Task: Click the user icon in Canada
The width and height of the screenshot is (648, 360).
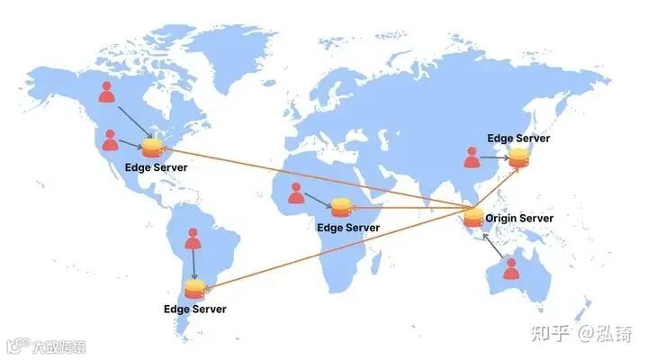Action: click(x=107, y=92)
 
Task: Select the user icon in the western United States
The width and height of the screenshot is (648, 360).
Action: click(x=110, y=140)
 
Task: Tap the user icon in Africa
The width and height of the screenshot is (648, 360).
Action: click(x=295, y=193)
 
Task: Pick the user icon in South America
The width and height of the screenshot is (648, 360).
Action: click(x=193, y=239)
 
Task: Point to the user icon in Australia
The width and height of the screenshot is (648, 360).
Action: click(x=511, y=268)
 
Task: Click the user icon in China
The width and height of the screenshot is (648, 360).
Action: click(x=472, y=157)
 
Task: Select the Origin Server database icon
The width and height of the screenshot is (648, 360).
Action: click(x=473, y=218)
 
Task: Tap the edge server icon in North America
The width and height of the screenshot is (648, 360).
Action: click(x=153, y=147)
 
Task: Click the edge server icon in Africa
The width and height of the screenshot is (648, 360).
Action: click(x=340, y=208)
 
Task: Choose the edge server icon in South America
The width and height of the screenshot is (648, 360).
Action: click(x=194, y=289)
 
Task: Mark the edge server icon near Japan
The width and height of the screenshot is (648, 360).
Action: click(x=518, y=157)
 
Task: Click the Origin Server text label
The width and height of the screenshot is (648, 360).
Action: click(x=519, y=218)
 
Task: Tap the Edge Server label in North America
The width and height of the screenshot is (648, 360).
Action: click(x=157, y=168)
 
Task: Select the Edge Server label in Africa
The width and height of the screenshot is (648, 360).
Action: click(x=347, y=229)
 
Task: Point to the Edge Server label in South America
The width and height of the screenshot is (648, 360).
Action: click(x=194, y=310)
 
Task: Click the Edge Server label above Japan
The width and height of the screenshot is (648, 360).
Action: click(x=518, y=138)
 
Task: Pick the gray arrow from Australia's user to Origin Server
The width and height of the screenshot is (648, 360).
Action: click(x=491, y=246)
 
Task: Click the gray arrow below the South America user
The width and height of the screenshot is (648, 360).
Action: click(x=193, y=265)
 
